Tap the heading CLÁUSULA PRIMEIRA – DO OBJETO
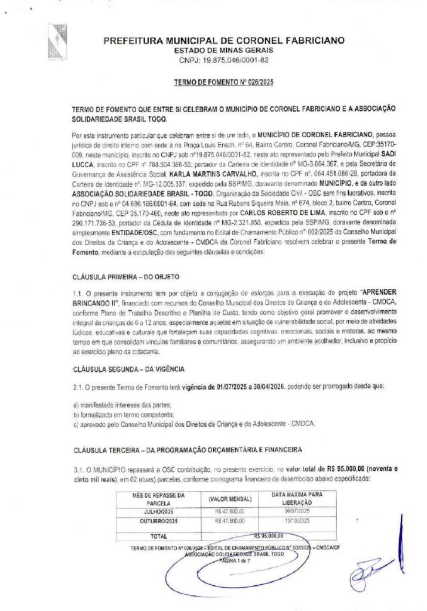125,277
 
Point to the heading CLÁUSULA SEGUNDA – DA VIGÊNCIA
128,369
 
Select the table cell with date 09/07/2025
297,511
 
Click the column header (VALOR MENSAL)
230,498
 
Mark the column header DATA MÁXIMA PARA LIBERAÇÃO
297,498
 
